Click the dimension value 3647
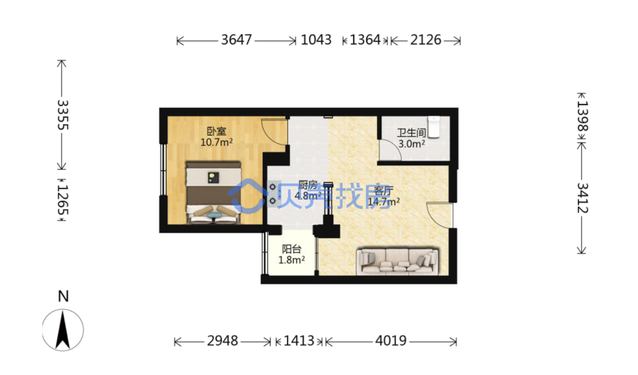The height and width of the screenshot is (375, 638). point(237,40)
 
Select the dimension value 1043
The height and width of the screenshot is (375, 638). point(316,40)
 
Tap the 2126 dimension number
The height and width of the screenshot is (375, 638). point(425,40)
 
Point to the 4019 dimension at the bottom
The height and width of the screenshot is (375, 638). point(391,341)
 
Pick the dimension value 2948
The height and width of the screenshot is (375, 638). point(223,341)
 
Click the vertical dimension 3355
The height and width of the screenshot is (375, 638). point(63,115)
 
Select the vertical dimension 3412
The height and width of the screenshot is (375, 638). point(583,198)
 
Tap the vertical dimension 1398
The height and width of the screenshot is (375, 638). point(583,116)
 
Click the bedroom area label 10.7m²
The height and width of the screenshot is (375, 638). point(216,142)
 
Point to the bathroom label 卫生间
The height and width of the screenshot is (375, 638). point(412,133)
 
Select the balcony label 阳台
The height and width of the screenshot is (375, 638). point(292,249)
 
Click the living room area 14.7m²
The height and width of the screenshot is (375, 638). point(384,201)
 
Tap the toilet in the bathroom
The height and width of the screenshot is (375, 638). point(434,127)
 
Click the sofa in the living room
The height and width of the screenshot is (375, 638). point(398,262)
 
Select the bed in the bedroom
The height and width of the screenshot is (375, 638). point(213,193)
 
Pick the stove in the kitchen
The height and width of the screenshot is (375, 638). point(274,194)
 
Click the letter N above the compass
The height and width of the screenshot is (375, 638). point(63,297)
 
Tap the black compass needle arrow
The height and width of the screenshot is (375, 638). point(63,330)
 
